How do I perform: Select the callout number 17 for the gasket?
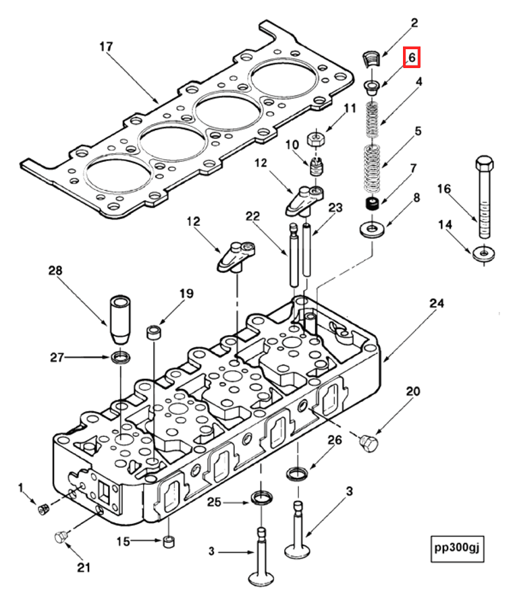coord(105,47)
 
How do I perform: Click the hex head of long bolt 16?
coord(484,165)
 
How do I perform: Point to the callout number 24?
coord(436,304)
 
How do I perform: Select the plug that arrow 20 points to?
coord(369,442)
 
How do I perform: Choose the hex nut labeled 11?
coord(317,140)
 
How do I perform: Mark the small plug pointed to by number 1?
coord(44,508)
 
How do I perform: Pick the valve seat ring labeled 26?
coord(298,473)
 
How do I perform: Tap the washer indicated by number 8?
coord(372,230)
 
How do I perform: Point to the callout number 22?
coord(252,216)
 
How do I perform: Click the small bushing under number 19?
coord(155,332)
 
